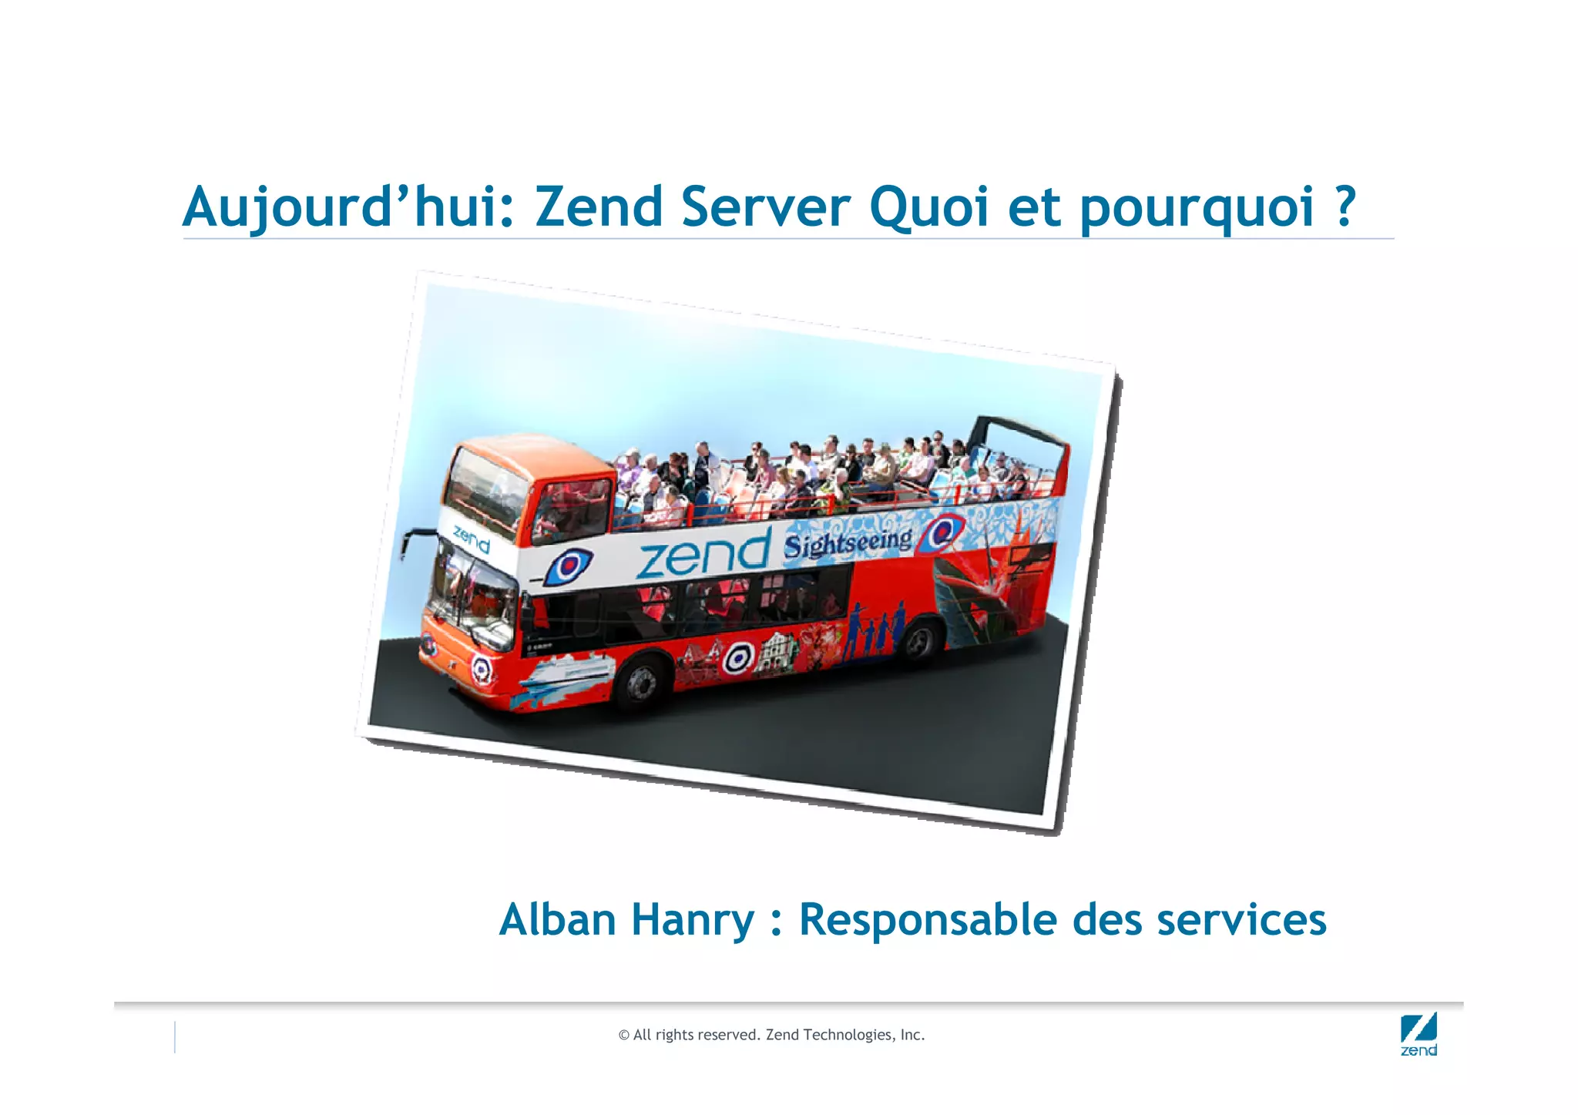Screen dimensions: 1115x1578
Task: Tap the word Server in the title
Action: (765, 208)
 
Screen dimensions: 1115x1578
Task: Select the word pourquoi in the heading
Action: (1196, 210)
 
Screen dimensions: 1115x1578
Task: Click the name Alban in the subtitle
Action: (557, 920)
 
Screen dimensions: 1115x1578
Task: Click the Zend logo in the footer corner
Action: (1419, 1035)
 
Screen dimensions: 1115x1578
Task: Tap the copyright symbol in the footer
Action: (623, 1036)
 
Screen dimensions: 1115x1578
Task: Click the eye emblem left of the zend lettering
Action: (569, 566)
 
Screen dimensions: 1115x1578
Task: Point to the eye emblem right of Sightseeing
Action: (943, 533)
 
